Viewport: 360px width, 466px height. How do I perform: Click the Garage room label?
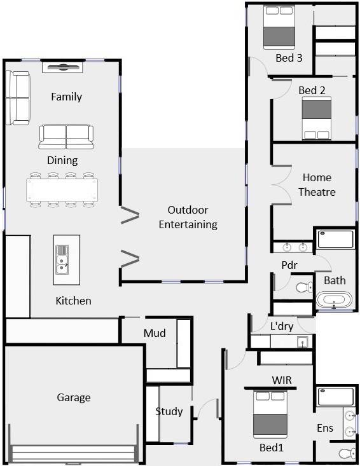coord(73,397)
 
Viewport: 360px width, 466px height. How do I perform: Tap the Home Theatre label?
coord(317,184)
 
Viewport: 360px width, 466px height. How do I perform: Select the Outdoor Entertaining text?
coord(188,217)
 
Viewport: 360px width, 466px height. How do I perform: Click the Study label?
coord(169,411)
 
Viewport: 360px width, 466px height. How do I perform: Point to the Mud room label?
coord(155,333)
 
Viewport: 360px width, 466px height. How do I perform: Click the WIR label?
coord(282,380)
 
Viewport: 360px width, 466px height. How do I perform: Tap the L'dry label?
coord(282,326)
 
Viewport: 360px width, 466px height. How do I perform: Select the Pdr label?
coord(289,265)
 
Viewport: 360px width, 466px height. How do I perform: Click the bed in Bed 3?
coord(279,27)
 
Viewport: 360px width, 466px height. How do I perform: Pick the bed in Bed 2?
coord(317,118)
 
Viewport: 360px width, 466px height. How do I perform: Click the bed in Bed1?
coord(270,415)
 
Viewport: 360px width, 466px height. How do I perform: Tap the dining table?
coord(62,189)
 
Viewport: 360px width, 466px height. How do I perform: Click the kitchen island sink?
coord(62,259)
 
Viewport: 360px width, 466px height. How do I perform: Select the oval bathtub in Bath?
coord(334,299)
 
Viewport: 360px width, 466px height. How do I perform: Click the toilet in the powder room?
coord(305,287)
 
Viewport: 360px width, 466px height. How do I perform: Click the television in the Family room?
coord(62,67)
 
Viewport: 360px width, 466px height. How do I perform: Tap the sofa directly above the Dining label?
coord(66,137)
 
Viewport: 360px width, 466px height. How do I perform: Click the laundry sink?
coord(303,342)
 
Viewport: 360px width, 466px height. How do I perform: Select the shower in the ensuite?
coord(336,397)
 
